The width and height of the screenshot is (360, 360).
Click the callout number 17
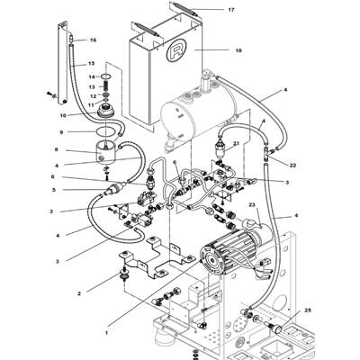tap(230, 10)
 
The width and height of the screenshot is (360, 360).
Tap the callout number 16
tap(93, 40)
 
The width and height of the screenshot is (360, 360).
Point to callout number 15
tap(90, 64)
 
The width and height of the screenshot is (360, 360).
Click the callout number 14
tap(91, 77)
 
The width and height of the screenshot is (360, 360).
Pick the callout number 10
tap(63, 115)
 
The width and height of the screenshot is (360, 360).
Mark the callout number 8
tap(56, 149)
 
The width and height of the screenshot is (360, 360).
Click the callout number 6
tap(55, 177)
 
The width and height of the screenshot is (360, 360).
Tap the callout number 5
tap(55, 190)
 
